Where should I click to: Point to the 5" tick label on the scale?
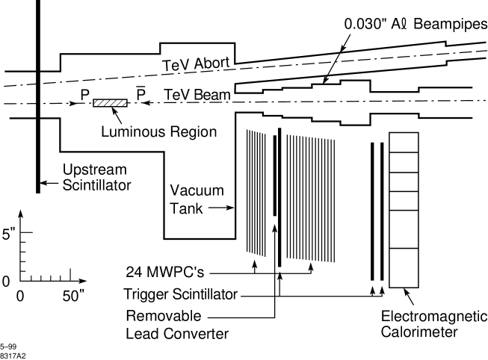[8, 234]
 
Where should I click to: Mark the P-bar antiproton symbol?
[140, 93]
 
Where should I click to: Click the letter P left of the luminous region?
[85, 96]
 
